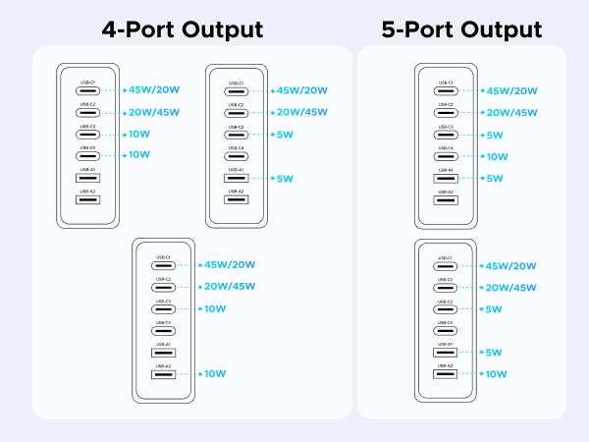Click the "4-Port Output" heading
[182, 28]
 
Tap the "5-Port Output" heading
[461, 28]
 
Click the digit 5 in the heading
[390, 28]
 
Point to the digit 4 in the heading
[110, 28]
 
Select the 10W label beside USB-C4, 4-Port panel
[138, 154]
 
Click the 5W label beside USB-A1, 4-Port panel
[286, 179]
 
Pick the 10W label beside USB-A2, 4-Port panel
[215, 374]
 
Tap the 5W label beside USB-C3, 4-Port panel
[286, 135]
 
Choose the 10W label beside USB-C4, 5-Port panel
[497, 156]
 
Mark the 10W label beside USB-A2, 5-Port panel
[497, 374]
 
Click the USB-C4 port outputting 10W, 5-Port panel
[446, 156]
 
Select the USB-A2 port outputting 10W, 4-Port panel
[163, 374]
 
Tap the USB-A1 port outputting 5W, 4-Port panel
[236, 179]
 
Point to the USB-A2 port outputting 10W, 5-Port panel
[446, 374]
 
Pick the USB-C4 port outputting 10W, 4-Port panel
[87, 154]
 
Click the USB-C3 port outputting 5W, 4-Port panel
[236, 135]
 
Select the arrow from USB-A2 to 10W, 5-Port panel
[472, 374]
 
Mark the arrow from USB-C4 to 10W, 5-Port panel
[472, 156]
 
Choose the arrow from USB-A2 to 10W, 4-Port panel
[189, 374]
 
